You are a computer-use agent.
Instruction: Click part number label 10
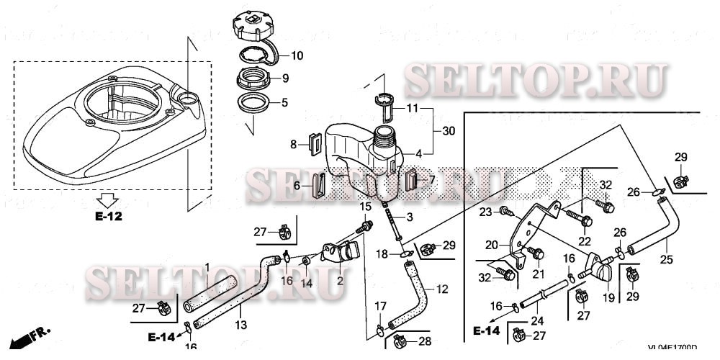(297, 55)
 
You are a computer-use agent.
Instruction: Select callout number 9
(284, 78)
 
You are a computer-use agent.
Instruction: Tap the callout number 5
(284, 102)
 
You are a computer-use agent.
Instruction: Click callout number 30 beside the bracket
(449, 131)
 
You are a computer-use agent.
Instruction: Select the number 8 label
(294, 145)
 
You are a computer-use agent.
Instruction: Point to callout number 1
(207, 267)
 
